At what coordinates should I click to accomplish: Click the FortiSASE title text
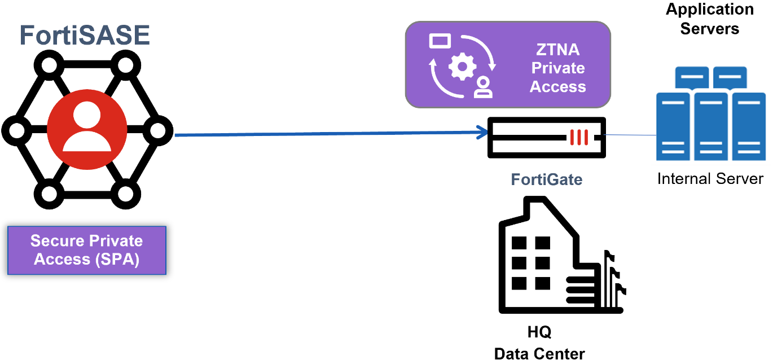point(85,34)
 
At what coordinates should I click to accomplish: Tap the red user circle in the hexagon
point(87,130)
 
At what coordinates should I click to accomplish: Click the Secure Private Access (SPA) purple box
point(87,250)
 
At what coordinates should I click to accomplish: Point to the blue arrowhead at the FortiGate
point(482,133)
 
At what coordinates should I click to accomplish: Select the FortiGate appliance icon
point(546,138)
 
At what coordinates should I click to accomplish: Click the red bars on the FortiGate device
point(579,137)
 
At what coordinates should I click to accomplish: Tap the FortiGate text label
point(546,179)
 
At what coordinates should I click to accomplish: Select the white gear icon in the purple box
point(462,67)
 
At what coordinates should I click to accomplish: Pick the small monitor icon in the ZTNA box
point(440,41)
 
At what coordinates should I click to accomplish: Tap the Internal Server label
point(710,179)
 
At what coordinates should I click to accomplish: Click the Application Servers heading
point(709,19)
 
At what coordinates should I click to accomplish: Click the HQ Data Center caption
point(539,343)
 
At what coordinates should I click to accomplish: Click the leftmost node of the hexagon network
point(16,131)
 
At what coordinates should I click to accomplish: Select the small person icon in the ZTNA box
point(483,87)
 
